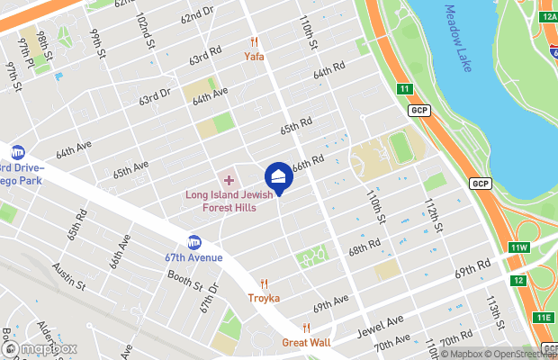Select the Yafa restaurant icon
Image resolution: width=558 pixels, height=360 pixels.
point(255,41)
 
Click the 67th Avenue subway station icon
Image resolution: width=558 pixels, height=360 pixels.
point(193,242)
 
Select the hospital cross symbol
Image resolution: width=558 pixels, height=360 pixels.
point(229,181)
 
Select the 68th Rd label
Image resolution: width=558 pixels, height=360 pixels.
point(364,247)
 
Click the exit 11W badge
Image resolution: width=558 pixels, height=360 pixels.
point(519,247)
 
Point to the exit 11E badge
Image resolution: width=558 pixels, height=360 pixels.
point(544,317)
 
